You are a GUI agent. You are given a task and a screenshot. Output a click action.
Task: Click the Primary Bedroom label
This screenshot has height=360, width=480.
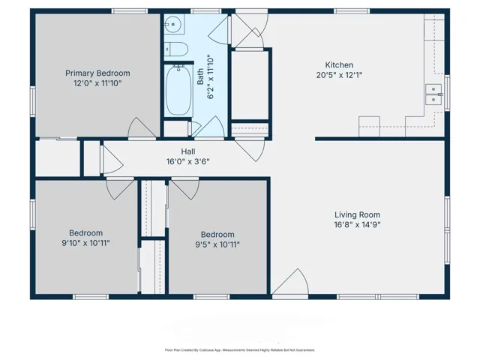coord(97,73)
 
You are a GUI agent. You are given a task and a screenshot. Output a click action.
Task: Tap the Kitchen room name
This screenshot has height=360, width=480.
coord(339,65)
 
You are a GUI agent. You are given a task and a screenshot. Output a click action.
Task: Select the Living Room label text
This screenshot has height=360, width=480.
coord(357,214)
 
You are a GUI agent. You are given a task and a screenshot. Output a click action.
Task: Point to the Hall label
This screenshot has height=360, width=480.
coord(188,151)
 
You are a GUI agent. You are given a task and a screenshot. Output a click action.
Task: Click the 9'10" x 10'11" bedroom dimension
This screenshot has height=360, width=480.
coord(85,243)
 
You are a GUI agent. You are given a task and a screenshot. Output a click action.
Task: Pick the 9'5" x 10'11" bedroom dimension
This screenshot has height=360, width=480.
coord(217,244)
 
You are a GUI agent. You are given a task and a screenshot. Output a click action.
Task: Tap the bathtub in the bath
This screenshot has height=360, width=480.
coord(178,90)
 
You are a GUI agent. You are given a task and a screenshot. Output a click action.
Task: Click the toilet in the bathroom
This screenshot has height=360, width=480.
coord(176,49)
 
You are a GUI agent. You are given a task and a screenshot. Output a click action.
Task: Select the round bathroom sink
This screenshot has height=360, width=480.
coord(173,24)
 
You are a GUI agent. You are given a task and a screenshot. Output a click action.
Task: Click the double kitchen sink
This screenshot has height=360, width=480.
coord(433,94)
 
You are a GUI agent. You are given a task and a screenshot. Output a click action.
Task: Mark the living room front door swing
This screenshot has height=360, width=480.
coord(290,282)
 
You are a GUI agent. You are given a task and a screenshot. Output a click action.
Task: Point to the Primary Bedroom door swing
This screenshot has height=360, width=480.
coord(142,127)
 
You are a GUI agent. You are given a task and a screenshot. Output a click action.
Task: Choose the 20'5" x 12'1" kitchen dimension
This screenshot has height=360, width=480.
coord(339,75)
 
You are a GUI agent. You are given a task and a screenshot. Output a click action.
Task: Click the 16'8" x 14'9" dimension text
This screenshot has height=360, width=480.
coord(357,225)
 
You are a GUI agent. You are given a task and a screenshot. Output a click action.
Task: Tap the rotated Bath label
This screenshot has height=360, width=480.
coord(200,76)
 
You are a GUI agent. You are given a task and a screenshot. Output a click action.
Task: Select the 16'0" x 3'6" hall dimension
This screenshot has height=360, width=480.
coord(188,161)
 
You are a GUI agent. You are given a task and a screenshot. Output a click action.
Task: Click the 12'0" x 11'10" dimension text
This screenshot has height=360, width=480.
coord(97,83)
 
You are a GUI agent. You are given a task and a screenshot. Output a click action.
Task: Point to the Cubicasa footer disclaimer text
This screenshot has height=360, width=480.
coord(240,350)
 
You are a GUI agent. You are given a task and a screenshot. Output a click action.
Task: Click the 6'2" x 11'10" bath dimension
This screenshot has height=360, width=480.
coord(211,76)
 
